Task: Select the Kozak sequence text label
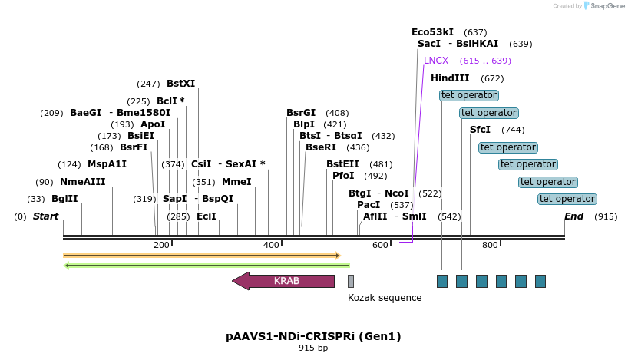385,298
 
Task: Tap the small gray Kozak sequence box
351,281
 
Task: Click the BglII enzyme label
64,198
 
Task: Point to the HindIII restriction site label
450,78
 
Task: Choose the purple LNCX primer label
436,61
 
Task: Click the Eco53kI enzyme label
432,32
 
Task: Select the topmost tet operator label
469,95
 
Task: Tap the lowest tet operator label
567,199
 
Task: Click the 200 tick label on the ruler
161,246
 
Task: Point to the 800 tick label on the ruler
490,246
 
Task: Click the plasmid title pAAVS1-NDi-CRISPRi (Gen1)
313,336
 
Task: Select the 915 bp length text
313,348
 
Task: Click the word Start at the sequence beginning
45,216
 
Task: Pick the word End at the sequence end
573,216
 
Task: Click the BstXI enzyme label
181,84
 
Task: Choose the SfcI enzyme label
480,130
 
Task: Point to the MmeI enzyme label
236,182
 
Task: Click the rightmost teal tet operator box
540,281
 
